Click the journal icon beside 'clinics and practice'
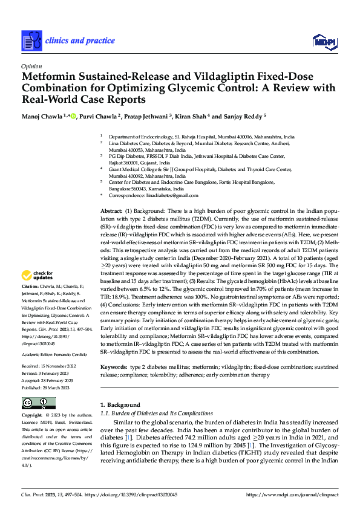pos(31,41)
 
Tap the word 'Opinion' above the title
pos(31,66)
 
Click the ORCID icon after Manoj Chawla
pos(73,116)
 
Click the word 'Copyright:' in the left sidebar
pos(32,416)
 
